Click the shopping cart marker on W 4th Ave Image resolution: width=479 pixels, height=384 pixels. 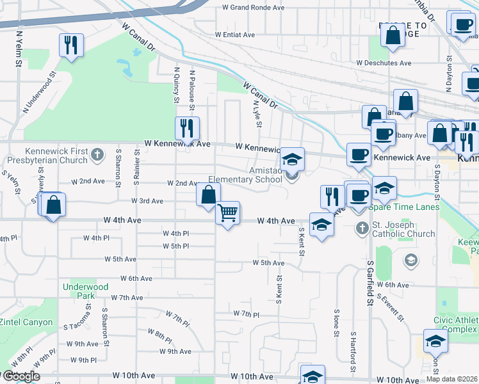[x=229, y=213]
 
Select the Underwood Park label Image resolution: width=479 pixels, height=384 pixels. [x=86, y=292]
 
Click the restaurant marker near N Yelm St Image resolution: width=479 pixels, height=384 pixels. [x=70, y=45]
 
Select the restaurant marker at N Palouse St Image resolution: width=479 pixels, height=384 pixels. [x=187, y=129]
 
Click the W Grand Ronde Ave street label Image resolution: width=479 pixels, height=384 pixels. [x=252, y=8]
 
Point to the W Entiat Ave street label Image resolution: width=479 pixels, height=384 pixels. [x=235, y=35]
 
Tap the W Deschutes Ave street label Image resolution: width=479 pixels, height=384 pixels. [x=384, y=63]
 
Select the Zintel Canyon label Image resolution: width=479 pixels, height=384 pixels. [x=26, y=322]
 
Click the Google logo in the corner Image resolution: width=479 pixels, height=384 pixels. [x=21, y=376]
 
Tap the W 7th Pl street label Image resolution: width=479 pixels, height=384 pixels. [x=246, y=314]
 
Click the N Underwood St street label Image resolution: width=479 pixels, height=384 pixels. [x=40, y=97]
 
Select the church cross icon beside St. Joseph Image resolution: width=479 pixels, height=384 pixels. [x=362, y=227]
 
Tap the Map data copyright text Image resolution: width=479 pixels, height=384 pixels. [x=452, y=379]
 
